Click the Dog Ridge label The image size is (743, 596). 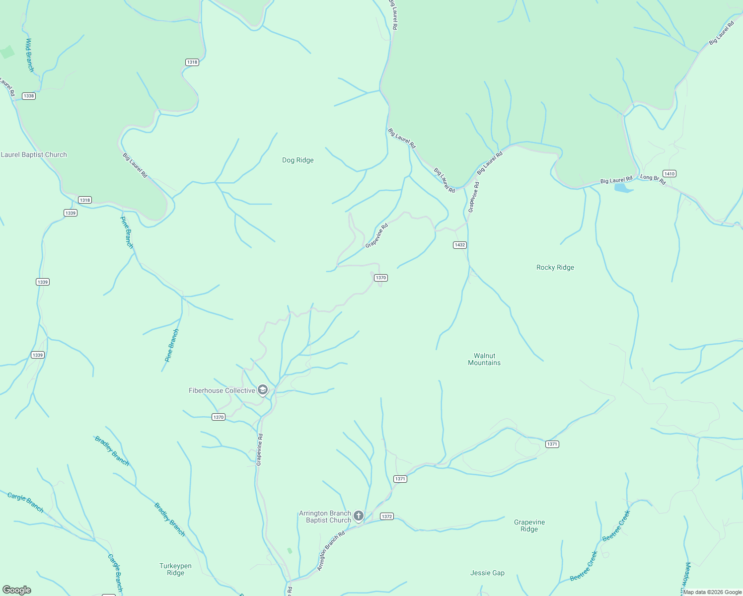[297, 160]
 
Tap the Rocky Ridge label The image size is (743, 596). [555, 267]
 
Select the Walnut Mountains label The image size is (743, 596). [484, 359]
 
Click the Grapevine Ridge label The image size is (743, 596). [529, 525]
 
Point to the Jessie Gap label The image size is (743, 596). [487, 573]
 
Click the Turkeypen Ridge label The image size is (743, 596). [175, 569]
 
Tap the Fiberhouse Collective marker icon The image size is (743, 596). [263, 390]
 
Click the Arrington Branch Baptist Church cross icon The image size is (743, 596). [358, 516]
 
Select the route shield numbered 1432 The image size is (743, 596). [459, 245]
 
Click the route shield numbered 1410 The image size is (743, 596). [669, 174]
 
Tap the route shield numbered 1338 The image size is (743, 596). [29, 96]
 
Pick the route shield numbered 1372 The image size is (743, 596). [386, 517]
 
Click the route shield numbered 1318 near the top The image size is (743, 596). [192, 62]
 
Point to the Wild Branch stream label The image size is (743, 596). [29, 55]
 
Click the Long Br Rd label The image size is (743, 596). [653, 179]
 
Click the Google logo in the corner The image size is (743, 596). [17, 590]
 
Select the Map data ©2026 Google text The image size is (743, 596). [712, 592]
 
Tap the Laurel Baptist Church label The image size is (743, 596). [34, 154]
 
